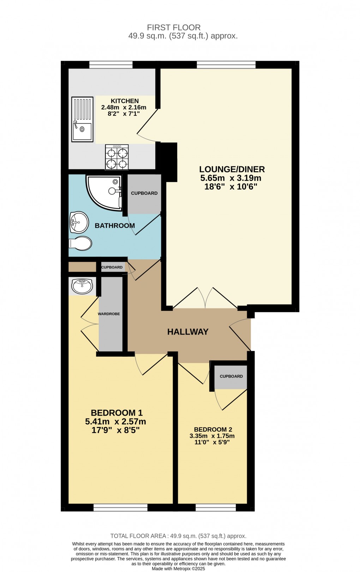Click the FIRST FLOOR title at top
(174, 27)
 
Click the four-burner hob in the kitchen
(116, 157)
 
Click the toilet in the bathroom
(81, 243)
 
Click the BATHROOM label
(115, 225)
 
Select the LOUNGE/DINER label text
(232, 169)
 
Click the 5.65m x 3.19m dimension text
(230, 178)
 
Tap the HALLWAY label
(188, 332)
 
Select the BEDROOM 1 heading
(116, 413)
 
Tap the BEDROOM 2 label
(213, 429)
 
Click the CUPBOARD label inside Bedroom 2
(231, 376)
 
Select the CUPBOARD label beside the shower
(144, 193)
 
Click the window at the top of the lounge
(226, 65)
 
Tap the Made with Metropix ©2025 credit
(178, 569)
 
